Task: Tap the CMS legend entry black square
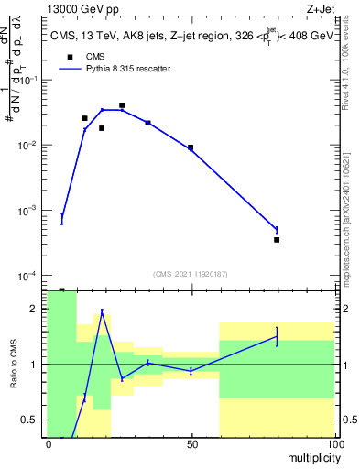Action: point(68,56)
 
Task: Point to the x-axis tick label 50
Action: point(191,444)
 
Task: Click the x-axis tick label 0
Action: point(48,444)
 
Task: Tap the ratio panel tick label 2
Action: point(35,310)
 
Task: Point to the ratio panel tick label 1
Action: point(35,365)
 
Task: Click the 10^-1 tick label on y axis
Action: point(28,80)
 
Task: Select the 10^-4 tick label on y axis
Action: point(28,276)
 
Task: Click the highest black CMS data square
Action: point(122,105)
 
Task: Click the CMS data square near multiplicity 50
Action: point(191,147)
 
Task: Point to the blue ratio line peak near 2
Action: point(102,311)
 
